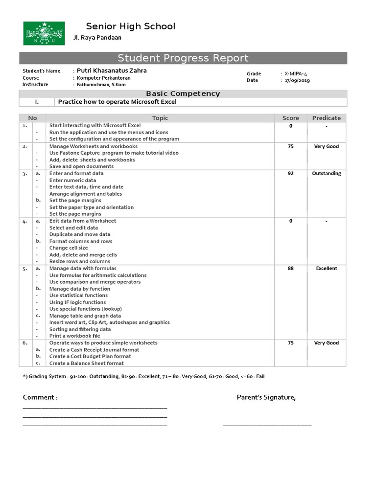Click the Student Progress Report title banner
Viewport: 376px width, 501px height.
(183, 58)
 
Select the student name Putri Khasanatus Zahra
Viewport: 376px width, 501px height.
(112, 70)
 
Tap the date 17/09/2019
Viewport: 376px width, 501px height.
(297, 80)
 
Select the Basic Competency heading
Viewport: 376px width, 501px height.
(183, 93)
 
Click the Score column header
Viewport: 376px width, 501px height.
(290, 118)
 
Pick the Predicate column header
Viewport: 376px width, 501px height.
(326, 118)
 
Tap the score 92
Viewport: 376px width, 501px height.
(291, 173)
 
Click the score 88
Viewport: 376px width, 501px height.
(291, 268)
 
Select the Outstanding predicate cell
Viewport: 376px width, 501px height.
(327, 173)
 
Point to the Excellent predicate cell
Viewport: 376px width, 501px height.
(327, 268)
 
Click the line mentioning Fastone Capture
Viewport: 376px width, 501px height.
(114, 153)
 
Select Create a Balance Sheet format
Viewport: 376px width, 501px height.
(86, 363)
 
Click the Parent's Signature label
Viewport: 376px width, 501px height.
(266, 397)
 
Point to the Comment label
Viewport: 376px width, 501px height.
(40, 397)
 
